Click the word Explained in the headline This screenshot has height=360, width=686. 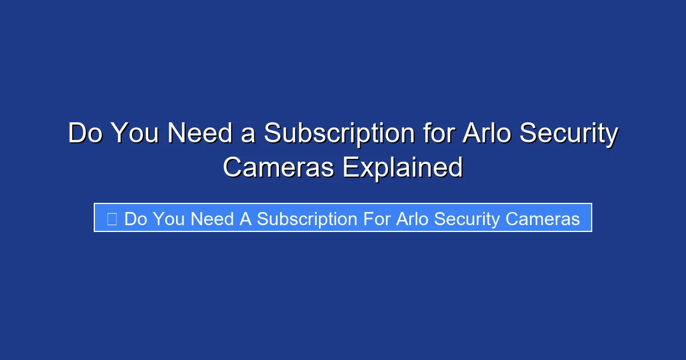402,167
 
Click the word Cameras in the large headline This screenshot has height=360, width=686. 278,167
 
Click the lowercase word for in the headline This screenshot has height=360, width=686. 440,134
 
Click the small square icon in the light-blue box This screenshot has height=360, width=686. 112,219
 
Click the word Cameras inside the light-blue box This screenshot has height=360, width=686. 543,219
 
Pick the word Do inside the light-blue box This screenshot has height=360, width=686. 134,219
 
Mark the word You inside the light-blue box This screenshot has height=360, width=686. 168,219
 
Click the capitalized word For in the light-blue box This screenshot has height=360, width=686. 377,219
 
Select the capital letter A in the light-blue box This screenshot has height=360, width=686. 245,219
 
